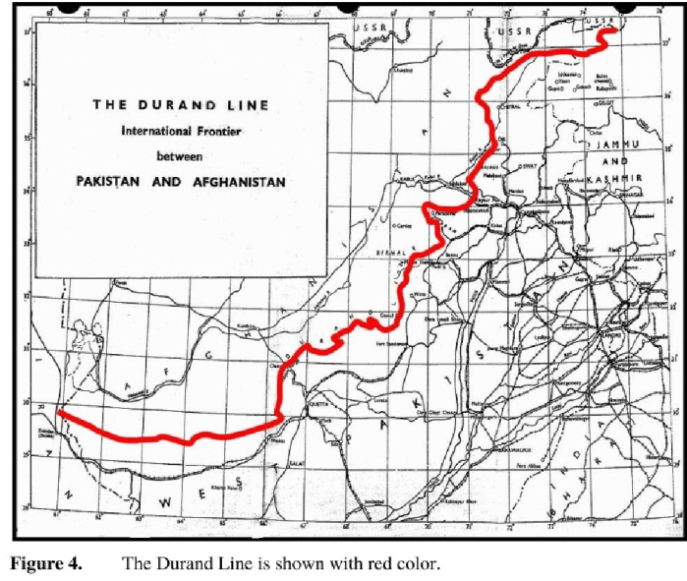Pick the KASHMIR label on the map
[x=618, y=178]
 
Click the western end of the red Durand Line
[x=60, y=413]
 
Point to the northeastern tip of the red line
[x=612, y=30]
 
